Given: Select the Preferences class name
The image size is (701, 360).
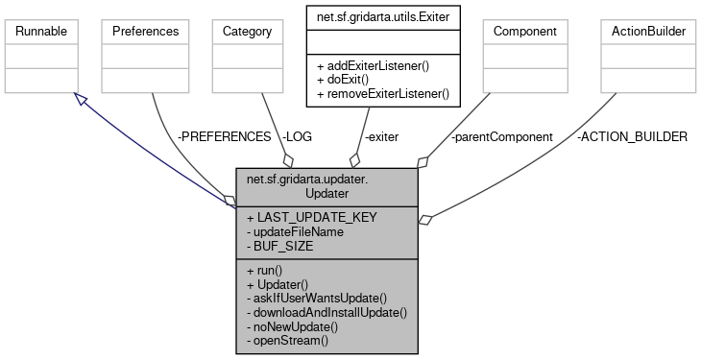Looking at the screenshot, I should coord(146,32).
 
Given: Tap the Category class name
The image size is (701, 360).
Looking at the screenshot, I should coord(247,32).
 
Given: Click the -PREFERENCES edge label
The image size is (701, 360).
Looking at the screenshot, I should coord(225,137).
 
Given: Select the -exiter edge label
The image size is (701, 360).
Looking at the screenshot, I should coord(382,137).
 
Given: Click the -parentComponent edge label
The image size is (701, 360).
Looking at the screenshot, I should coord(501,137).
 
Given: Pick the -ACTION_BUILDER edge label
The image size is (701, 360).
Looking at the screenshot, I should coord(632,137).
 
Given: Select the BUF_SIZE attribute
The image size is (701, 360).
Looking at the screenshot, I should coord(284,246).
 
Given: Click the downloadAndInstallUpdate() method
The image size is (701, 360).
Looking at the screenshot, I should coord(327,313).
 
